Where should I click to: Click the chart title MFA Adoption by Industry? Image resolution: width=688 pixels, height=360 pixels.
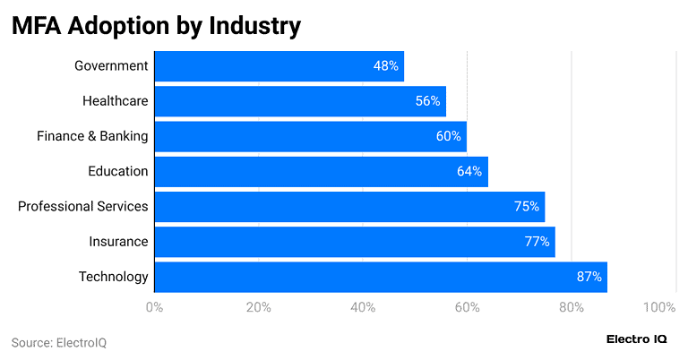coord(156,26)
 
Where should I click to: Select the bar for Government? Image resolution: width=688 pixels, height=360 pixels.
coord(279,66)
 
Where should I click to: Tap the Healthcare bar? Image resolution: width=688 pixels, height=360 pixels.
coord(300,101)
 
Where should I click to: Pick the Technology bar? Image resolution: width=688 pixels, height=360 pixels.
coord(381,277)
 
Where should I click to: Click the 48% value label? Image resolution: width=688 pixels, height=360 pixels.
coord(386,66)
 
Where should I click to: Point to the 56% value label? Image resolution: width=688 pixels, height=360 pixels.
coord(427,101)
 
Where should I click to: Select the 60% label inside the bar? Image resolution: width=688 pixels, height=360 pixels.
coord(448,136)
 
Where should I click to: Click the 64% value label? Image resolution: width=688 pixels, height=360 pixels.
coord(469,171)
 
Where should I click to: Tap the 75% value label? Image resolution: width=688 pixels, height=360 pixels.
coord(526,207)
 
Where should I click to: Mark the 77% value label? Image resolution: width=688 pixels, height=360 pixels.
coord(537,242)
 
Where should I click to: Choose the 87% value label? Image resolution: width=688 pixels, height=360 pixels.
coord(589,277)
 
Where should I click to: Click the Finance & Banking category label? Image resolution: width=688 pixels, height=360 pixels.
coord(92,136)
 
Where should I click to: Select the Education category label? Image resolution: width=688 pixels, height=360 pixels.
coord(117,171)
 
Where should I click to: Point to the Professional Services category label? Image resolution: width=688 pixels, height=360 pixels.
coord(83,207)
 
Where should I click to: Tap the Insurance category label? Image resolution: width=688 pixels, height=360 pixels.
coord(118,242)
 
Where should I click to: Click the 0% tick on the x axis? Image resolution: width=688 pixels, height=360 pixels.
coord(154,308)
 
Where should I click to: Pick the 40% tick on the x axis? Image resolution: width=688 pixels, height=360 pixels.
coord(363,308)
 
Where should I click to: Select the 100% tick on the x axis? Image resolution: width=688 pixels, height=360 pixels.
coord(659,308)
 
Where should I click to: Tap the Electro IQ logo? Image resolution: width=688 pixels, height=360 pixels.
coord(636,339)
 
